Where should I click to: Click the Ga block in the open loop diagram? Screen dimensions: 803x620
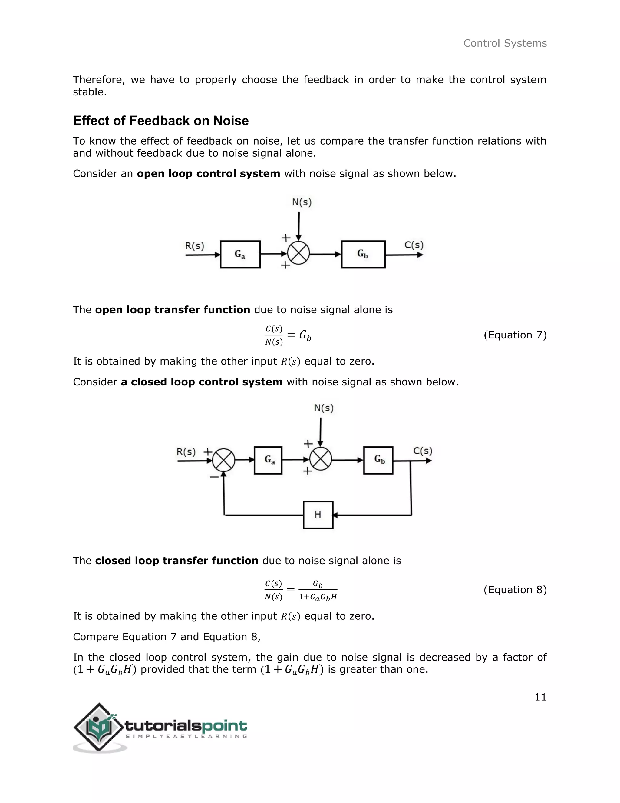pyautogui.click(x=240, y=255)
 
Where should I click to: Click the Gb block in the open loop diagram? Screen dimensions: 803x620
pyautogui.click(x=363, y=255)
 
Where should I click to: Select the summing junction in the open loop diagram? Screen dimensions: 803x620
pyautogui.click(x=298, y=253)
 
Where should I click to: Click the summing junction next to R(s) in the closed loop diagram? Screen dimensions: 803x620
pyautogui.click(x=224, y=460)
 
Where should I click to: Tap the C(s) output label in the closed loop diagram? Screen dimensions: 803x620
pyautogui.click(x=423, y=451)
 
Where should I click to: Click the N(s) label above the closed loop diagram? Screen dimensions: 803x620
pyautogui.click(x=324, y=408)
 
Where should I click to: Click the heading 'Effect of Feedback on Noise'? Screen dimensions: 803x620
pyautogui.click(x=161, y=121)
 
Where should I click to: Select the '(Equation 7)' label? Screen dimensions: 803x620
pyautogui.click(x=515, y=335)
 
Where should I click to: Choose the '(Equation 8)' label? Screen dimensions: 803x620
pyautogui.click(x=515, y=590)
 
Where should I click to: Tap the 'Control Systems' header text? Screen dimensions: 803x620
pyautogui.click(x=505, y=43)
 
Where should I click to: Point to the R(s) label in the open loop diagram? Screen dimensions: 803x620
pyautogui.click(x=194, y=246)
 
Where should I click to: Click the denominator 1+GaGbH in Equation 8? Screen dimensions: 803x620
pyautogui.click(x=318, y=597)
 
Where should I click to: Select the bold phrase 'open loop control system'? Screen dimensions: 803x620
pyautogui.click(x=209, y=174)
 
